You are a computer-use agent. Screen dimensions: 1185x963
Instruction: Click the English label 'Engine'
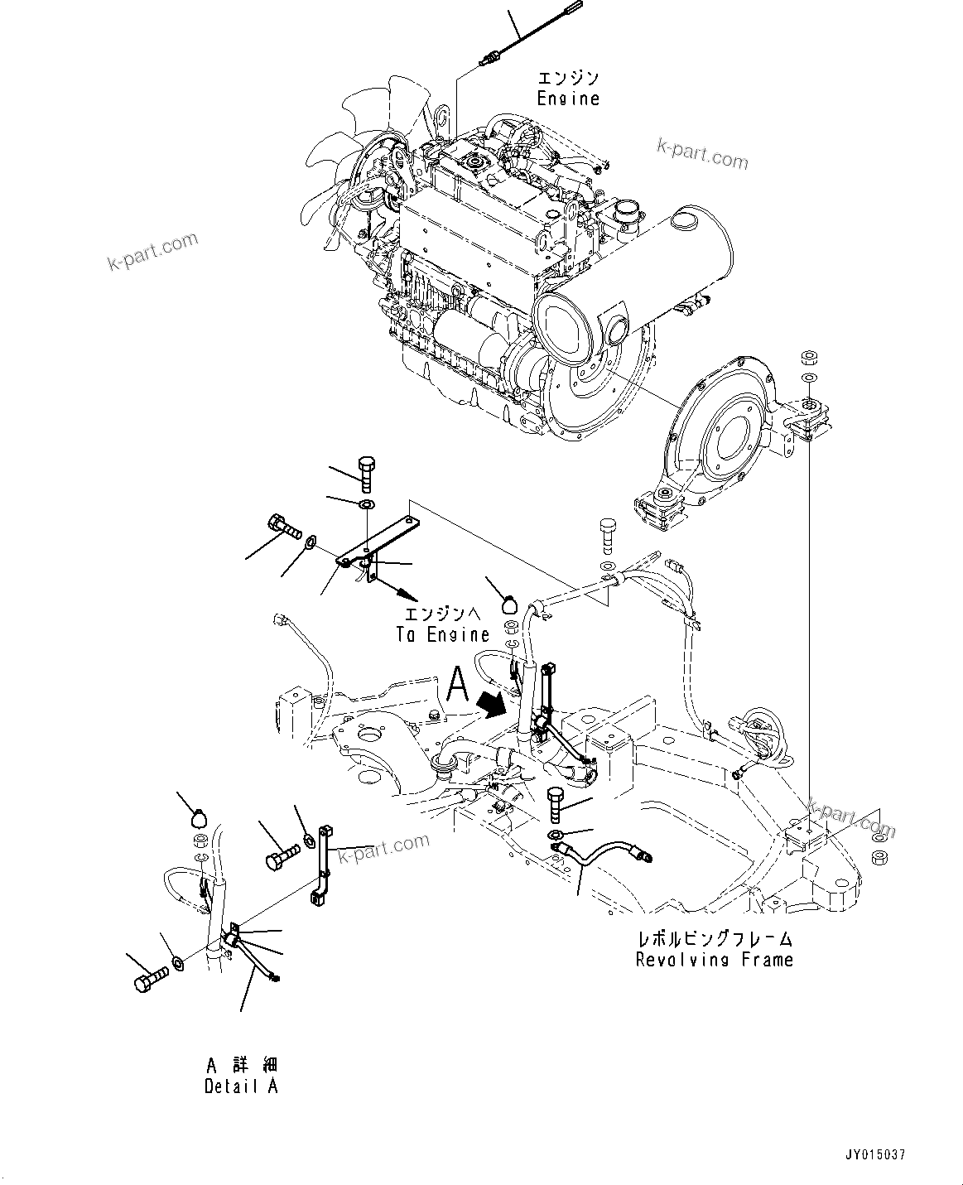click(568, 99)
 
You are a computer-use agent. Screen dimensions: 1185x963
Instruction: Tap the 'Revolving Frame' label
click(714, 960)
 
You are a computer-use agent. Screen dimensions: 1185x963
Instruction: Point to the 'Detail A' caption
click(241, 1086)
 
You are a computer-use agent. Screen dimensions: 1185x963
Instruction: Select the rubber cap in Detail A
click(199, 818)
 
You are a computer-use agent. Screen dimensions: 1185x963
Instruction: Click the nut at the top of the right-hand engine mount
click(808, 358)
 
